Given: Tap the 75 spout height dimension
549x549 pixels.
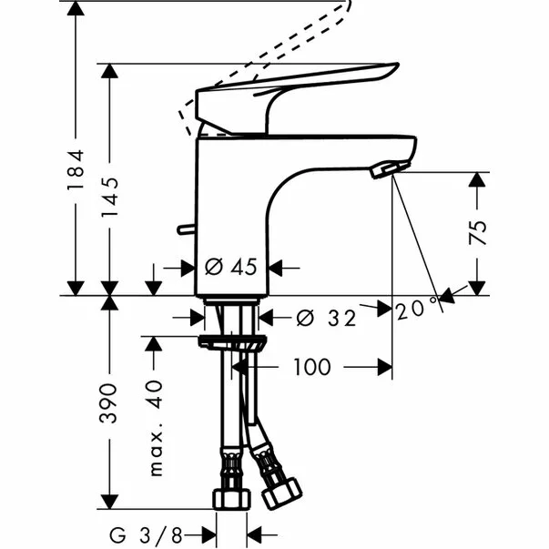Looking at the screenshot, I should click(x=478, y=231).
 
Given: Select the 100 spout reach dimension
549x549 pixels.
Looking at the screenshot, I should click(x=311, y=367).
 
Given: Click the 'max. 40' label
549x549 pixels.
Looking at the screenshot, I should click(x=156, y=428).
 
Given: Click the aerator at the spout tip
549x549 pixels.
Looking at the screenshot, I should click(x=385, y=168).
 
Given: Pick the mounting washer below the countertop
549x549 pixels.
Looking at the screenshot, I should click(x=233, y=343).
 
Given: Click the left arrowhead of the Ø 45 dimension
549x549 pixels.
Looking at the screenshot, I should click(x=188, y=268).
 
